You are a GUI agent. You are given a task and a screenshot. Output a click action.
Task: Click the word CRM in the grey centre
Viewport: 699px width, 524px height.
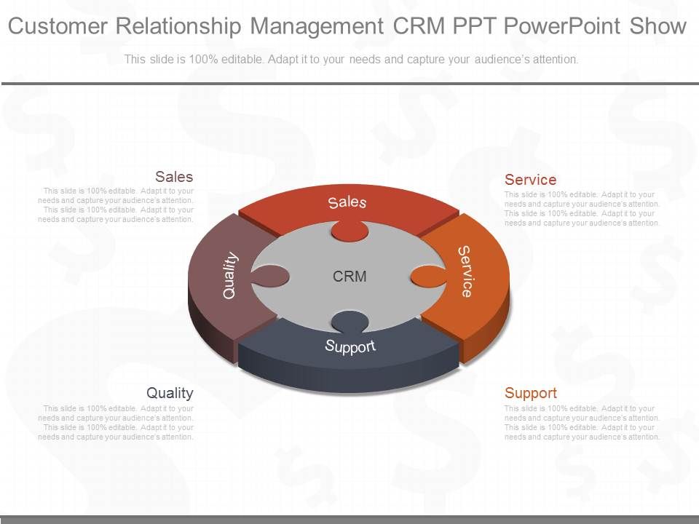349,277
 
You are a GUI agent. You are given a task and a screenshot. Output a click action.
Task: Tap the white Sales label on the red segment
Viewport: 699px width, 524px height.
347,202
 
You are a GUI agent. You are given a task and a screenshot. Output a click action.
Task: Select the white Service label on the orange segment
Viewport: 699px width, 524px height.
465,271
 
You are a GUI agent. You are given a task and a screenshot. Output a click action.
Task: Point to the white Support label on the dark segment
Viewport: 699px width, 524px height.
350,346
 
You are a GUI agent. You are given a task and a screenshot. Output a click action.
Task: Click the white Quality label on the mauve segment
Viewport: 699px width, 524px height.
230,274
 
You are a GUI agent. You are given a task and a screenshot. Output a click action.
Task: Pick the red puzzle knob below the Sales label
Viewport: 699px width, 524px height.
349,230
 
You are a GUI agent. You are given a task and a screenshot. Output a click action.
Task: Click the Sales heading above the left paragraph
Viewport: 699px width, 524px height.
174,177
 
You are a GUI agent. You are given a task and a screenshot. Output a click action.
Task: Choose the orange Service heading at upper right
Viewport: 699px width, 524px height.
531,180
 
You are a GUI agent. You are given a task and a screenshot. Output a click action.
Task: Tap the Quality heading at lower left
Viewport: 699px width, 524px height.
170,393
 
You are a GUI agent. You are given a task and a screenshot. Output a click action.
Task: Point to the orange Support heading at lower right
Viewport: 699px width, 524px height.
531,393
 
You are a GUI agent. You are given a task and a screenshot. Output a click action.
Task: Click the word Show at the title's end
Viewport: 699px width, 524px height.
658,27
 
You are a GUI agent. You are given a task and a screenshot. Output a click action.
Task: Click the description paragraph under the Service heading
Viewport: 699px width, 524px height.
582,209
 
